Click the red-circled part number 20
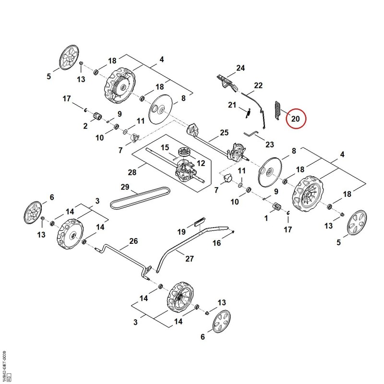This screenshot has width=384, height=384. (x=296, y=119)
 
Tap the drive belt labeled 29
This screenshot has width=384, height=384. (x=140, y=198)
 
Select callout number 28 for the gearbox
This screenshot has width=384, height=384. (x=132, y=172)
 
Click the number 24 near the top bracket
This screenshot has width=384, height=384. (x=240, y=68)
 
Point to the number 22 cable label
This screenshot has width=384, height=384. (x=258, y=85)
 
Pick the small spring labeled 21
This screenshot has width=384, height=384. (x=248, y=113)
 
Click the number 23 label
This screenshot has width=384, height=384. (x=269, y=144)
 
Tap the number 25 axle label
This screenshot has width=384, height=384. (x=224, y=132)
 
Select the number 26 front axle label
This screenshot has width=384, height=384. (x=133, y=241)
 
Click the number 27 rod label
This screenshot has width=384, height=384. (x=190, y=259)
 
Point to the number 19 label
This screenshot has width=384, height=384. (x=181, y=231)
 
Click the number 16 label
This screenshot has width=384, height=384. (x=217, y=243)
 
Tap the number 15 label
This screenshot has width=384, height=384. (x=165, y=147)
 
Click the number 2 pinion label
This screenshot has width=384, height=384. (x=85, y=126)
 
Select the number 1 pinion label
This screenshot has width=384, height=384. (x=266, y=218)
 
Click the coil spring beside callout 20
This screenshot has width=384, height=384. (x=277, y=111)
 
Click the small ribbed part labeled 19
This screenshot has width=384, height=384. (x=200, y=221)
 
